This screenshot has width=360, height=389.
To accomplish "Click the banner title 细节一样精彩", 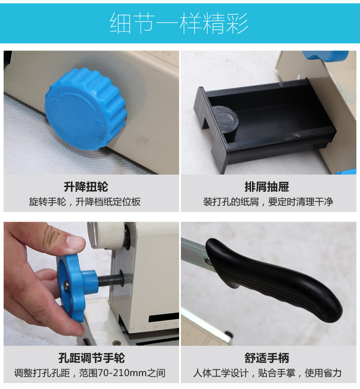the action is click(179, 23).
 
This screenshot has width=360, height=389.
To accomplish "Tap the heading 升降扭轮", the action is click(85, 187).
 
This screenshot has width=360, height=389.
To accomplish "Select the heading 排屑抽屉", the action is click(267, 187).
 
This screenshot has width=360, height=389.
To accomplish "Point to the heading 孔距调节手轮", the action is click(91, 358).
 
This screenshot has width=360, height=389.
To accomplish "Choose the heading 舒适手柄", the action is click(267, 358).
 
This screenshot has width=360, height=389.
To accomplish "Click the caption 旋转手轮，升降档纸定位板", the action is click(84, 201).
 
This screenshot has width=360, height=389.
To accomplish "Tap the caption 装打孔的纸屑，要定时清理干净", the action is click(268, 201).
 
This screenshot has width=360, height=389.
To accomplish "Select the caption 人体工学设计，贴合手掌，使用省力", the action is click(267, 373).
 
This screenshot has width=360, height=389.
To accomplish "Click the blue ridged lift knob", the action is click(85, 109).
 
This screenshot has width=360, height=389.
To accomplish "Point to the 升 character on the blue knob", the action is click(55, 103).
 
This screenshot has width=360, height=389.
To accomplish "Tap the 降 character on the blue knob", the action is click(98, 122).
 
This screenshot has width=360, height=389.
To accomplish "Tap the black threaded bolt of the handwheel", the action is click(111, 280).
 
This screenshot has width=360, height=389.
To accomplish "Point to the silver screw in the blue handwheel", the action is click(66, 285).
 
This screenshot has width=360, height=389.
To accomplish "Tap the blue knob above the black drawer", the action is click(326, 56).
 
